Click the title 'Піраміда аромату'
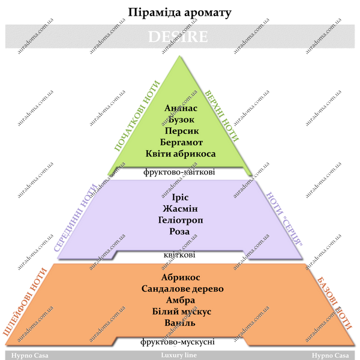coord(179,13)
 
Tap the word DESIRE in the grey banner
coord(178,37)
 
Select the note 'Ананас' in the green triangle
coord(181,108)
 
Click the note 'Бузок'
coord(181,119)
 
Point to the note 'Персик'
coord(182,131)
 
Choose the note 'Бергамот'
coord(181,142)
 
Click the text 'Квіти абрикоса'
coord(181,154)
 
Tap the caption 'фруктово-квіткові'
coord(179,172)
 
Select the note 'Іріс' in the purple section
coord(180,197)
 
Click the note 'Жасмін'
coord(180,209)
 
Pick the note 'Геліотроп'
coord(181,220)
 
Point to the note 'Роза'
coord(179,232)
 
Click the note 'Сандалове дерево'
coord(182,289)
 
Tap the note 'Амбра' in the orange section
coord(181,300)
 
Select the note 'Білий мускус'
coord(182,311)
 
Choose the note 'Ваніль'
coord(180,323)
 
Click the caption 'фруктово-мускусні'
coord(178,342)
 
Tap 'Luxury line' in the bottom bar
coord(179,355)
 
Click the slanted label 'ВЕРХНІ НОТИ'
coord(221,116)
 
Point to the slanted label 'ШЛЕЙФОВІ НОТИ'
coord(25,302)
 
